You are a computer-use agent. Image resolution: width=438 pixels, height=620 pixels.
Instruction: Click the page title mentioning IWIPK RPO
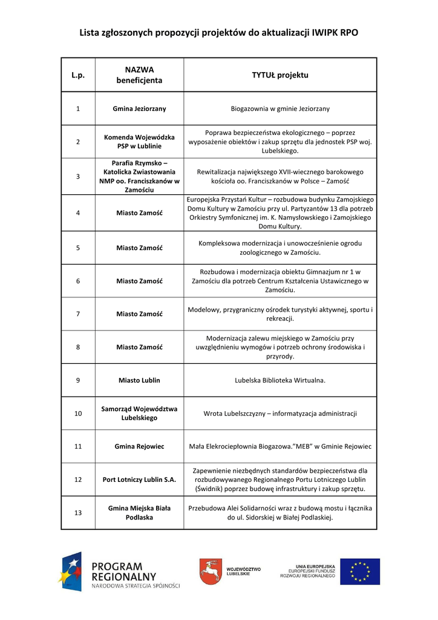pyautogui.click(x=218, y=33)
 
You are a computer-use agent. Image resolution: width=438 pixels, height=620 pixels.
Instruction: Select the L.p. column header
pyautogui.click(x=78, y=75)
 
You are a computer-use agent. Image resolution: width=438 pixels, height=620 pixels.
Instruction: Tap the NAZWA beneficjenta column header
pyautogui.click(x=139, y=75)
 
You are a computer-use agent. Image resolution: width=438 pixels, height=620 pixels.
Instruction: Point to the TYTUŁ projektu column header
pyautogui.click(x=280, y=75)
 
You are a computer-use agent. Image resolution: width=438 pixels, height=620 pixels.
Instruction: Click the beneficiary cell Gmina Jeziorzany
pyautogui.click(x=139, y=108)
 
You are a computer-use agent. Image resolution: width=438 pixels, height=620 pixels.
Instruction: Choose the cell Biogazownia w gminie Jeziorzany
pyautogui.click(x=280, y=108)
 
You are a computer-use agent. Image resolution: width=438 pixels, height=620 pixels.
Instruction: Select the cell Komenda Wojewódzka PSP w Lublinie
pyautogui.click(x=139, y=141)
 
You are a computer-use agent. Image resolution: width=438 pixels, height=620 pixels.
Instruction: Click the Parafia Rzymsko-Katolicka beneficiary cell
pyautogui.click(x=139, y=176)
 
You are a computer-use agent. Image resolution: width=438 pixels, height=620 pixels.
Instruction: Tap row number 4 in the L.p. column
pyautogui.click(x=78, y=213)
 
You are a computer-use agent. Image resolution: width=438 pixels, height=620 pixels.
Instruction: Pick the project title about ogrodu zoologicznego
pyautogui.click(x=280, y=248)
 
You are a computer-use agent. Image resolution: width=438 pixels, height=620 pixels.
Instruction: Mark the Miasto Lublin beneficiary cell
pyautogui.click(x=139, y=380)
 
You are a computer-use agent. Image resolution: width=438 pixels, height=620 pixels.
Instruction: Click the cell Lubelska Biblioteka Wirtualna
pyautogui.click(x=280, y=380)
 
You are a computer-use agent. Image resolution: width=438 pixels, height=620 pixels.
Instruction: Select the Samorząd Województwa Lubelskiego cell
pyautogui.click(x=139, y=414)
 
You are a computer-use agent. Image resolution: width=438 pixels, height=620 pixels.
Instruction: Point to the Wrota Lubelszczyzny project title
pyautogui.click(x=280, y=414)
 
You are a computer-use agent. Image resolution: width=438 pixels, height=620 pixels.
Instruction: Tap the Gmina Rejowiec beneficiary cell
pyautogui.click(x=139, y=446)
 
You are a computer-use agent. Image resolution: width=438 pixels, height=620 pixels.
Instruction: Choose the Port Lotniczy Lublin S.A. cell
pyautogui.click(x=139, y=480)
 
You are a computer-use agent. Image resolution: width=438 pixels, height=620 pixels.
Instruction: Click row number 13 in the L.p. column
pyautogui.click(x=78, y=513)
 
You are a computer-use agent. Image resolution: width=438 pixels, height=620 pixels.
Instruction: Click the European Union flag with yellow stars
pyautogui.click(x=359, y=572)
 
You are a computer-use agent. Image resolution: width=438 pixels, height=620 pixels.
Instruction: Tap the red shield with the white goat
pyautogui.click(x=210, y=571)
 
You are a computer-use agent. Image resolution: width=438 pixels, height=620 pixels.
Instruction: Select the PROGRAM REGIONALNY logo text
pyautogui.click(x=124, y=572)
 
